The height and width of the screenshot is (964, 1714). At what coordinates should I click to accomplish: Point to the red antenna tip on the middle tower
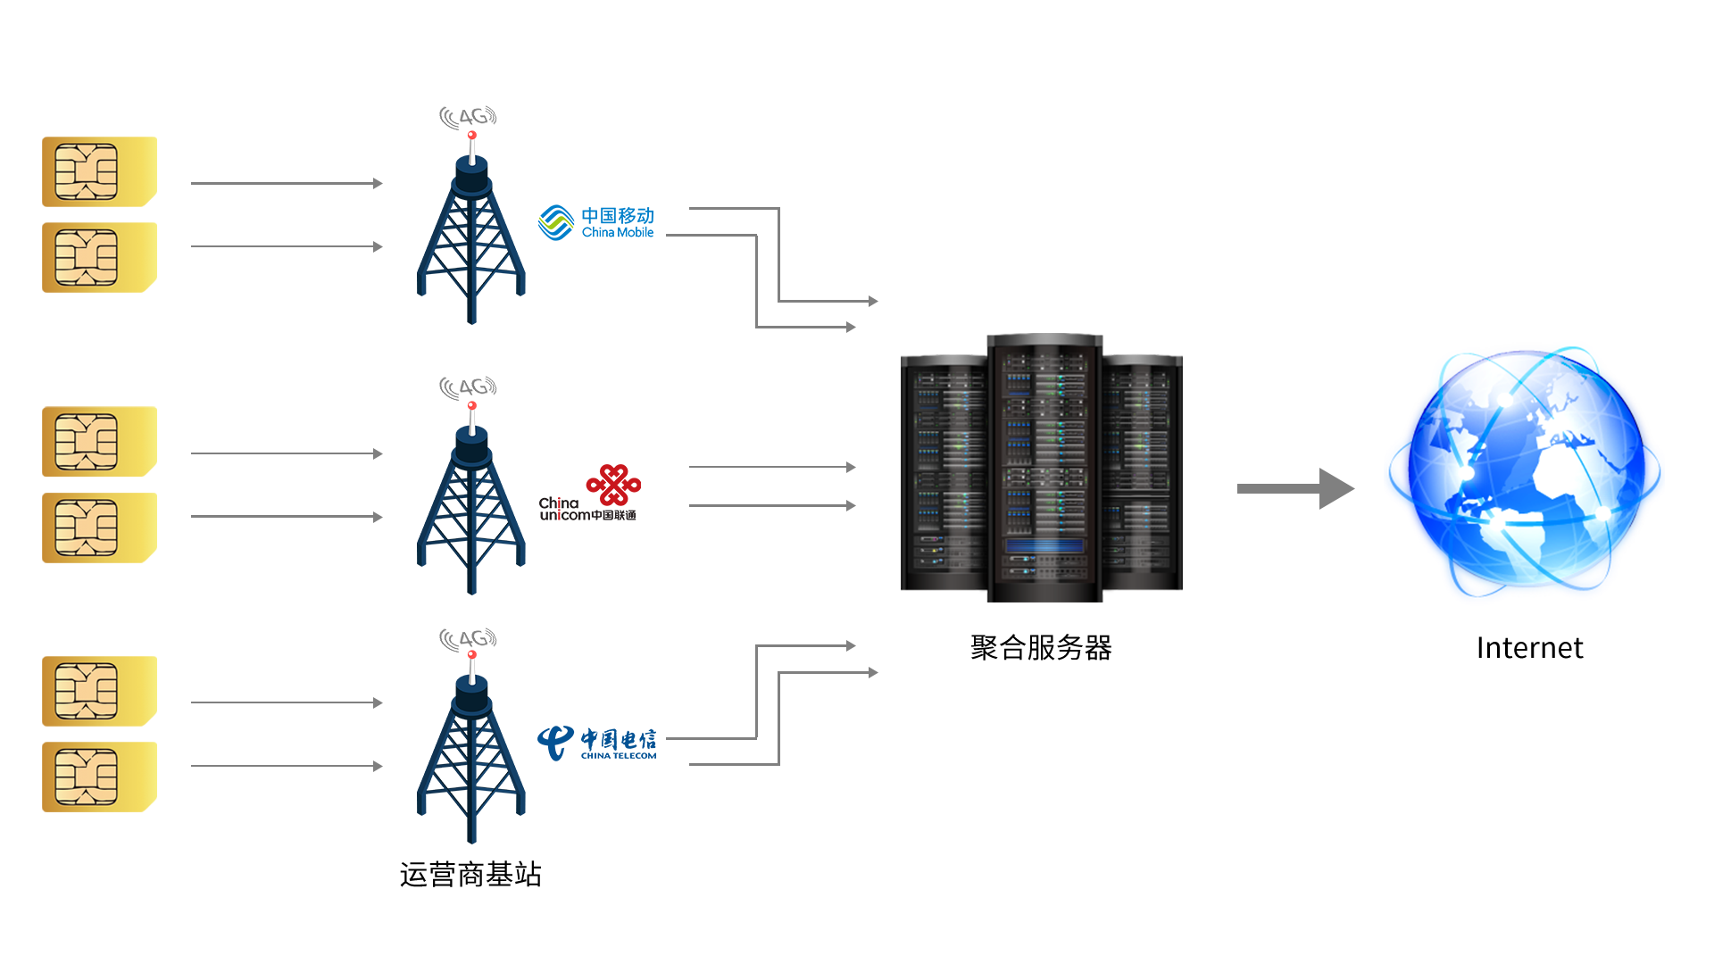(x=471, y=406)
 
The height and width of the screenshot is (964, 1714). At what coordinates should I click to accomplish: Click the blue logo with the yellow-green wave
(x=595, y=222)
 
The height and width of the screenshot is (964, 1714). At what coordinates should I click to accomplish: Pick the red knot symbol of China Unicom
(x=613, y=485)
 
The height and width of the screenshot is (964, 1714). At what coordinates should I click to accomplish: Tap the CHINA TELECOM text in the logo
(x=618, y=756)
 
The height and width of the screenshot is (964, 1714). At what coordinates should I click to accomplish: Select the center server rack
(x=1044, y=468)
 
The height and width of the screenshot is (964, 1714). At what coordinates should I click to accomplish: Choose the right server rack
(x=1143, y=468)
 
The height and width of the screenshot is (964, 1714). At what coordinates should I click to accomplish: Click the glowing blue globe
(x=1525, y=473)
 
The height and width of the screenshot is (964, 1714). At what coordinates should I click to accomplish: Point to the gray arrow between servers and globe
(x=1295, y=488)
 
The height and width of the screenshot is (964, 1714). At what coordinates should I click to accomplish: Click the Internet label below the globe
(x=1530, y=648)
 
